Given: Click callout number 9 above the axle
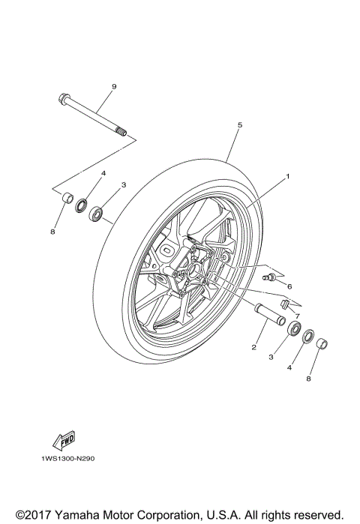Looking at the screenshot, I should [x=114, y=87].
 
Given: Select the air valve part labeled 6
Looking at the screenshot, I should [x=272, y=279].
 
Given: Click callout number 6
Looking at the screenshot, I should [x=289, y=286].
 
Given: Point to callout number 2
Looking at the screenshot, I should [x=254, y=347].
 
